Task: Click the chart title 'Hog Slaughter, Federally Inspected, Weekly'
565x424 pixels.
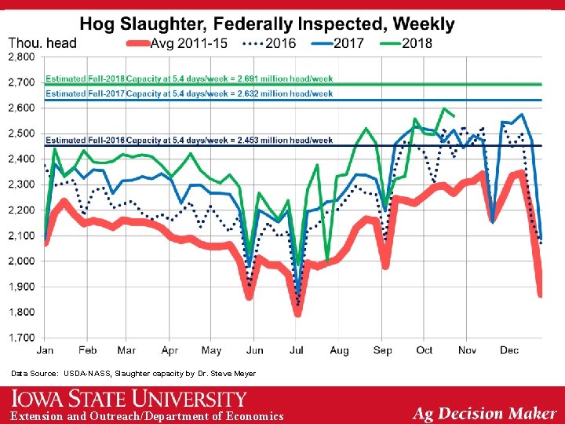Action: tap(267, 24)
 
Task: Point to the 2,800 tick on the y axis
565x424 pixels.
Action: tap(21, 57)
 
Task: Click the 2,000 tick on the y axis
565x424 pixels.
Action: tap(21, 261)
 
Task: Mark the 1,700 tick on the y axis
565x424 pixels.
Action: tap(21, 338)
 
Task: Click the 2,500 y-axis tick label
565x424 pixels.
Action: tap(21, 134)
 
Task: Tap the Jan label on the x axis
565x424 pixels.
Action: tap(45, 350)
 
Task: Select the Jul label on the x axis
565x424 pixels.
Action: tap(297, 350)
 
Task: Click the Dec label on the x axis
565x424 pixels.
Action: tap(509, 350)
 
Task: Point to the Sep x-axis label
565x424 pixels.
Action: tap(383, 350)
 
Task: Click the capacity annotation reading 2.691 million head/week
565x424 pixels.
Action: tap(189, 79)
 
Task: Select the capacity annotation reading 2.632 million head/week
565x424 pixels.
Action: tap(189, 93)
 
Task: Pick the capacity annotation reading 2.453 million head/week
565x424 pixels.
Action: tap(189, 140)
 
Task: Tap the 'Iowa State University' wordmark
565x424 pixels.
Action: tap(129, 400)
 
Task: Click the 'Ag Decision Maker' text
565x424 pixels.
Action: tap(484, 412)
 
